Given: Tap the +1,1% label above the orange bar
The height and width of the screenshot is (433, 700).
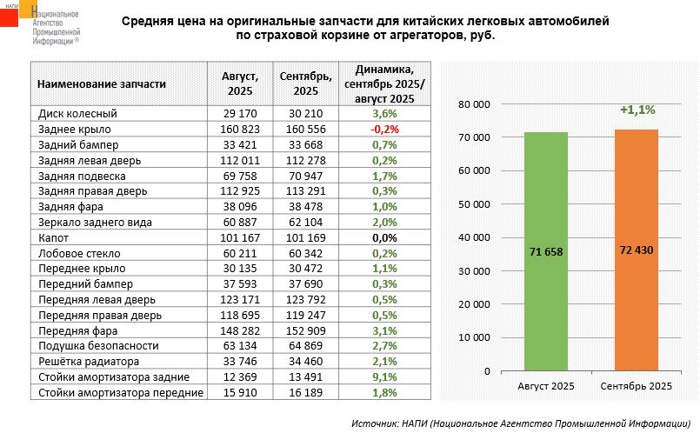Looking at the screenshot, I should pyautogui.click(x=637, y=110).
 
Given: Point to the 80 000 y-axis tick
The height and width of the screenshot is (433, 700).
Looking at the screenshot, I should pyautogui.click(x=475, y=104).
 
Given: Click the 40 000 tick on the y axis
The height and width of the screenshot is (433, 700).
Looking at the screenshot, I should pyautogui.click(x=475, y=237).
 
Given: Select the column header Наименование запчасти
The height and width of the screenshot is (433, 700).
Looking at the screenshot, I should pyautogui.click(x=102, y=84).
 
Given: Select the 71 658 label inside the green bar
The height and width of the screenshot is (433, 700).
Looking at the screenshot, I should pyautogui.click(x=545, y=252).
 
